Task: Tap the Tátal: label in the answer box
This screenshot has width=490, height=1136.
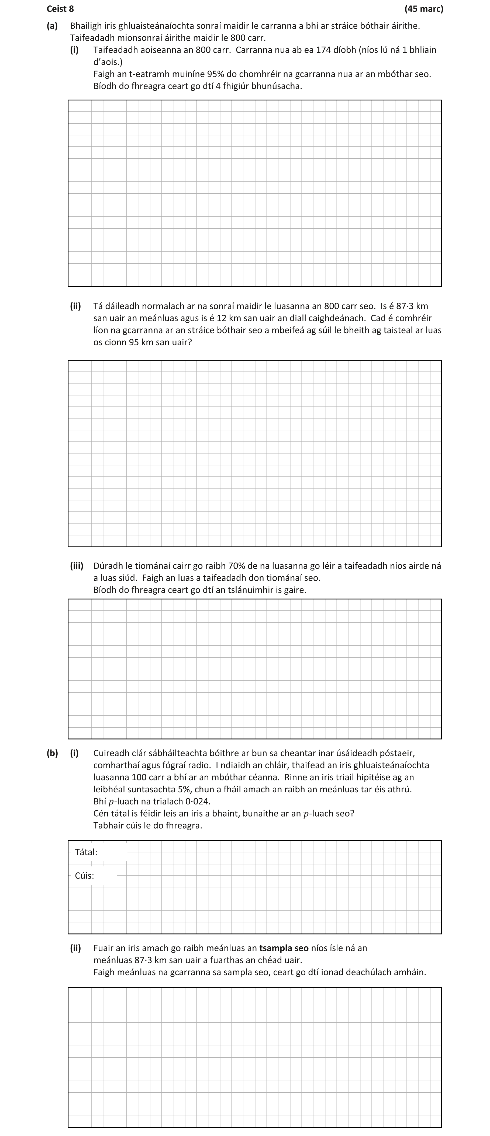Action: (x=86, y=852)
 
